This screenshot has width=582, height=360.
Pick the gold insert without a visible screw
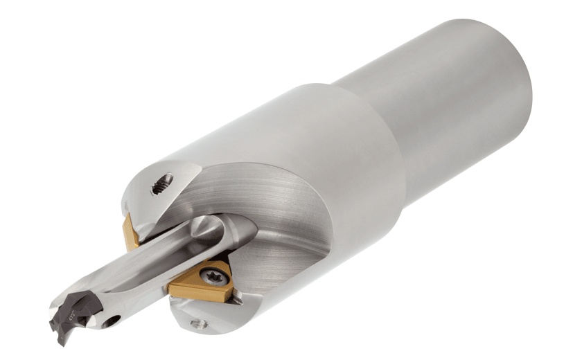130,232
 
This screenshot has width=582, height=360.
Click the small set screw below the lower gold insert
201,323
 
